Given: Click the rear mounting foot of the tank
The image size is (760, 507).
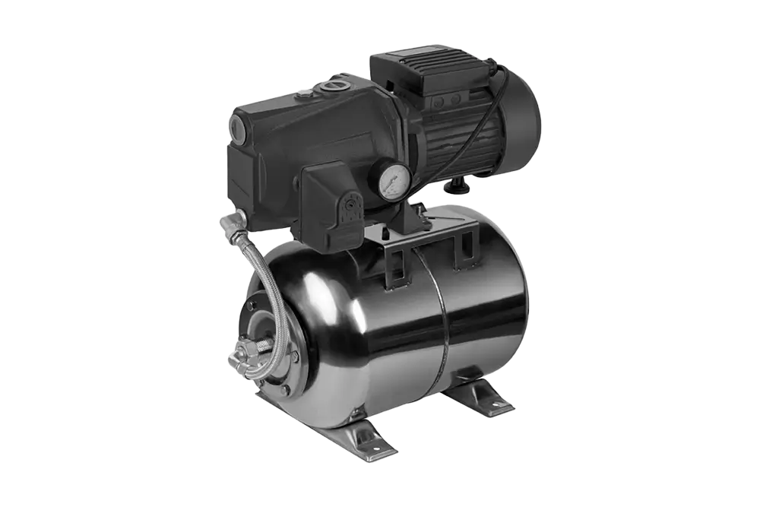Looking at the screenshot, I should pos(479,395).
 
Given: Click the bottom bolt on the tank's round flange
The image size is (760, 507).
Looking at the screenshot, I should pos(283,389).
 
